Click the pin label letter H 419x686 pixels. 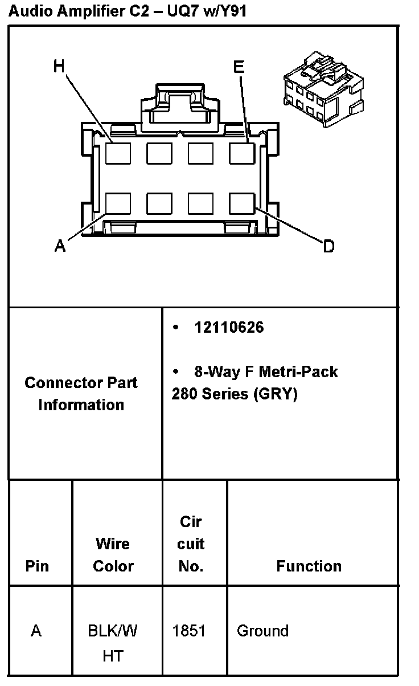click(59, 67)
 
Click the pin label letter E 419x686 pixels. click(239, 67)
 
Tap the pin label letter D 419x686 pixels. click(328, 247)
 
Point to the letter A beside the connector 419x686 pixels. click(60, 246)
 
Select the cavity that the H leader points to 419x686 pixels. click(118, 153)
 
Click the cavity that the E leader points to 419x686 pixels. click(241, 153)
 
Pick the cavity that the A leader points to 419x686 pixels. click(118, 203)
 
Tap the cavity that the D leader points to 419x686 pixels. click(241, 203)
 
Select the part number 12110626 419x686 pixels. click(229, 328)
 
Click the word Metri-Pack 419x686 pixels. click(298, 372)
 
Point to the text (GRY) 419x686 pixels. click(275, 394)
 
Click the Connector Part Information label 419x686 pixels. click(81, 394)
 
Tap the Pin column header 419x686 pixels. click(37, 566)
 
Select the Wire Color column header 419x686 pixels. click(113, 555)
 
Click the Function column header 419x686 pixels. click(309, 566)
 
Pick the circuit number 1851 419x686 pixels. click(189, 631)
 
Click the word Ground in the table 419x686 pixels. click(262, 631)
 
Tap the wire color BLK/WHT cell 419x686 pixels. click(113, 643)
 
